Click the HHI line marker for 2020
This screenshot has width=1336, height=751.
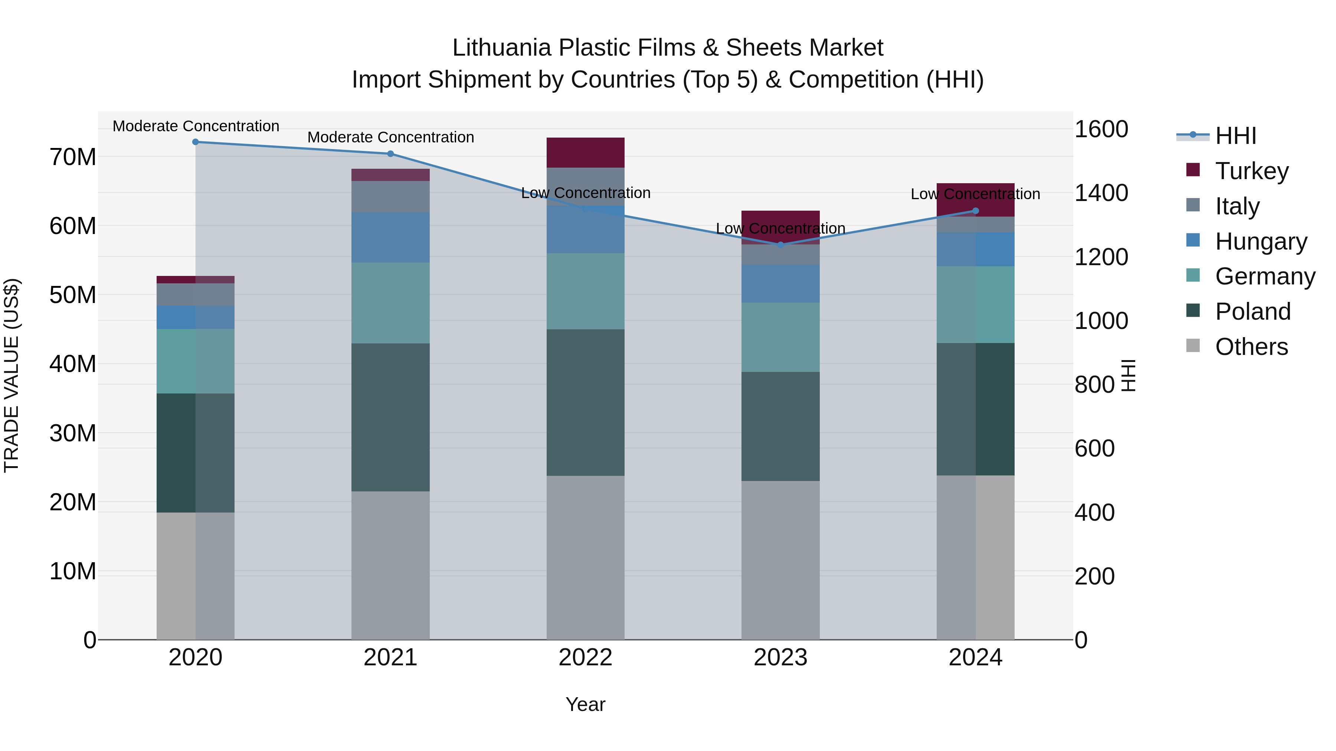[x=196, y=142]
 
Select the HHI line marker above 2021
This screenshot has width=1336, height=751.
[x=390, y=154]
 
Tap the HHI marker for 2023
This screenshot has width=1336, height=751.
[x=780, y=245]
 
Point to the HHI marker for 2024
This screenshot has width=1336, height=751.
[x=976, y=211]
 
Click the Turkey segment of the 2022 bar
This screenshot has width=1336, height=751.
[x=586, y=152]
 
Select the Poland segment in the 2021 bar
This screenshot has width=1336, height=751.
[x=390, y=417]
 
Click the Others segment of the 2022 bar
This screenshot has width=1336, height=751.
[x=586, y=557]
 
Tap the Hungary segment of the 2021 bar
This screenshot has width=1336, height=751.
[x=390, y=237]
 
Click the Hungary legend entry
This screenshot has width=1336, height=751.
[x=1261, y=241]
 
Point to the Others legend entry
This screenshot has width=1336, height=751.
[x=1251, y=347]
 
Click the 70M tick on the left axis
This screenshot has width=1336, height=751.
[x=73, y=157]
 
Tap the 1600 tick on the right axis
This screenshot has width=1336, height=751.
[x=1101, y=129]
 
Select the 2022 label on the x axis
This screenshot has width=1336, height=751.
[x=586, y=658]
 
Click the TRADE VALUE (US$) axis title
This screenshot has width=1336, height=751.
[x=12, y=375]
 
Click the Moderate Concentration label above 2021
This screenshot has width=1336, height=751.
[x=390, y=137]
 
